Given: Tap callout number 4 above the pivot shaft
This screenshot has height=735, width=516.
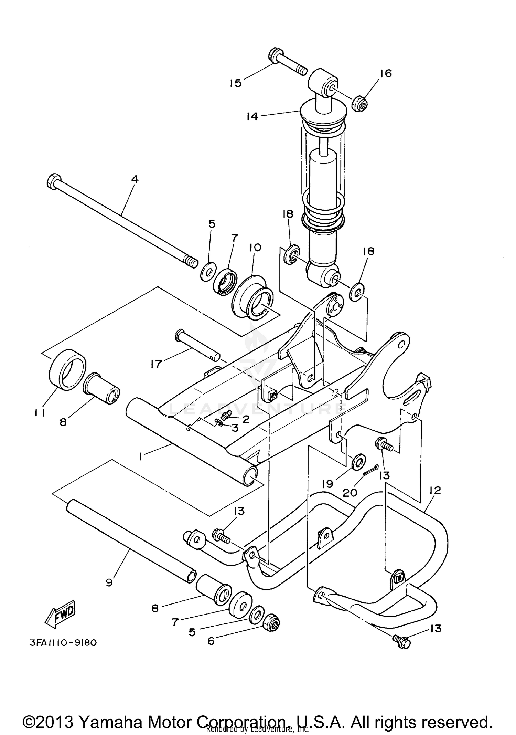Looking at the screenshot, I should click(135, 179).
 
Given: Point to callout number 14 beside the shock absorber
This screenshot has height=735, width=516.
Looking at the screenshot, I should click(252, 117).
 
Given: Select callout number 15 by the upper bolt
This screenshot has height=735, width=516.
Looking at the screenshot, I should click(236, 83).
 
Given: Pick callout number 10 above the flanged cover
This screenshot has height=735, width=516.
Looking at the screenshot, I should click(256, 247).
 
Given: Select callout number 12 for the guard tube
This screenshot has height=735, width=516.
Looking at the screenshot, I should click(435, 490).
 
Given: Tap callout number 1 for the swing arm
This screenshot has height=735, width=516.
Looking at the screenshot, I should click(140, 456).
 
